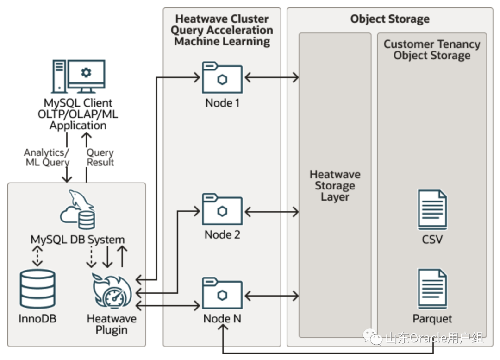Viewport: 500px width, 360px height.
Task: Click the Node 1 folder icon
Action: pyautogui.click(x=222, y=77)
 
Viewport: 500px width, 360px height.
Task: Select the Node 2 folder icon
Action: pyautogui.click(x=222, y=209)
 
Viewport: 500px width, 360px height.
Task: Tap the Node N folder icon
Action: pyautogui.click(x=222, y=293)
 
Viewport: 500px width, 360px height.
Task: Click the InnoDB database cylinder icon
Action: pyautogui.click(x=37, y=289)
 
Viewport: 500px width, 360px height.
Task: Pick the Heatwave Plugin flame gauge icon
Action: pyautogui.click(x=112, y=293)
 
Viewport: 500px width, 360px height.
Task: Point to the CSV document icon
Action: pyautogui.click(x=432, y=209)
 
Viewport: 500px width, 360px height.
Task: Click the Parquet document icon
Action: pyautogui.click(x=432, y=289)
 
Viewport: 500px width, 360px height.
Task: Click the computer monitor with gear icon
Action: pyautogui.click(x=78, y=77)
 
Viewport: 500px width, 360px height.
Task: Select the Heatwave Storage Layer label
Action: pyautogui.click(x=335, y=186)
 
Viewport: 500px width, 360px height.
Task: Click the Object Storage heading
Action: pyautogui.click(x=390, y=19)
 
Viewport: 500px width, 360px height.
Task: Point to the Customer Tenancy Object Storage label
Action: pyautogui.click(x=432, y=50)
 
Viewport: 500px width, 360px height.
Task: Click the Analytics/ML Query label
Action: pyautogui.click(x=47, y=158)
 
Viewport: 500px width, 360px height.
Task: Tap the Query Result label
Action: pyautogui.click(x=100, y=158)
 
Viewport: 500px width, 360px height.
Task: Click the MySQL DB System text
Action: pyautogui.click(x=78, y=240)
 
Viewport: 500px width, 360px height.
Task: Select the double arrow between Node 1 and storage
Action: pyautogui.click(x=271, y=77)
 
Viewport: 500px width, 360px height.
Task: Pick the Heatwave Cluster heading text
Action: pyautogui.click(x=222, y=30)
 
